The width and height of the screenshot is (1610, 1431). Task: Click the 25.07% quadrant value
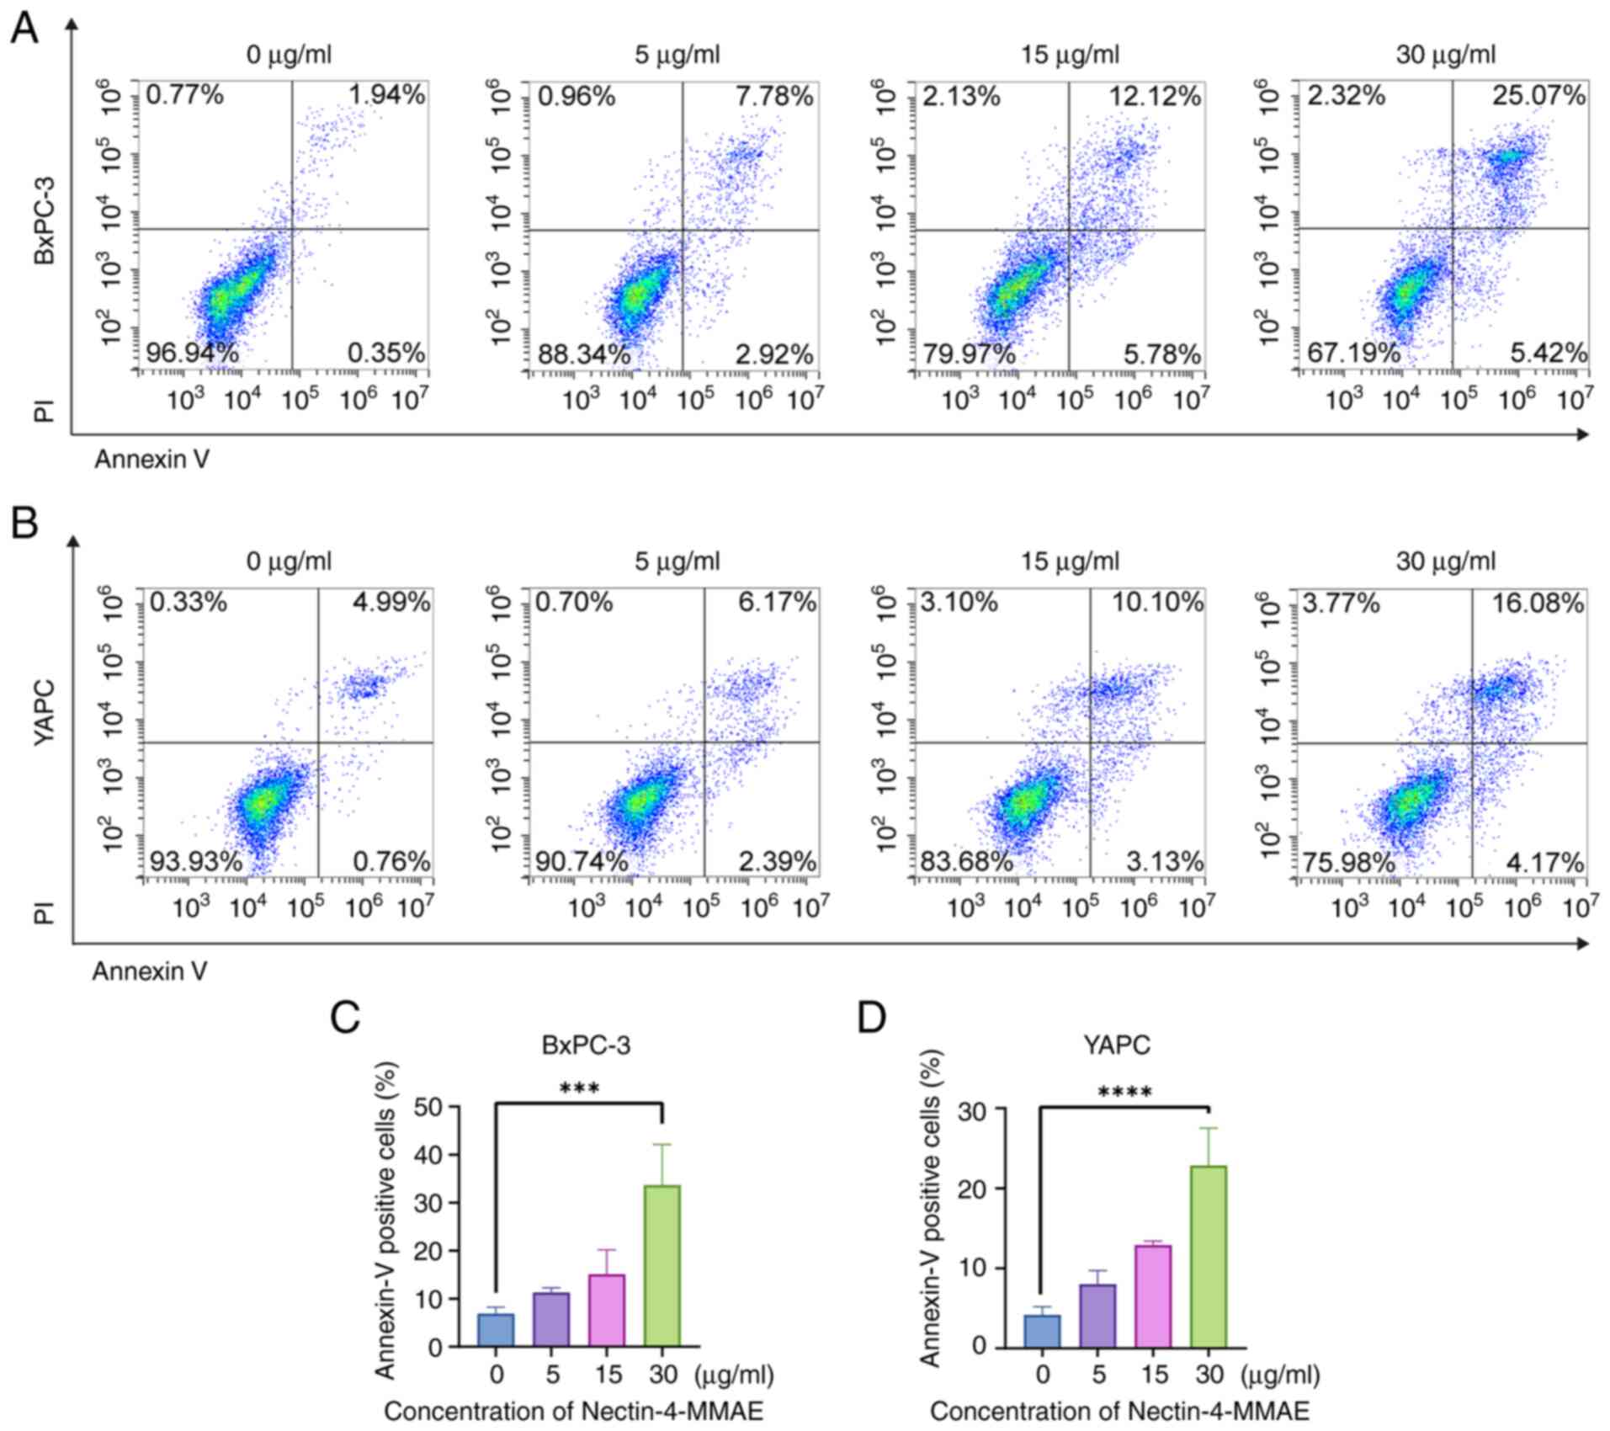click(1538, 96)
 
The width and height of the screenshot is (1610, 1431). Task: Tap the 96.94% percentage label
click(193, 354)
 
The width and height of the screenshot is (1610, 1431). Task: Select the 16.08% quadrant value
click(1538, 604)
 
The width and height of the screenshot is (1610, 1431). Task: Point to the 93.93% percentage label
click(196, 861)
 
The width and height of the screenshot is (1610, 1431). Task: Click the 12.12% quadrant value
click(1155, 97)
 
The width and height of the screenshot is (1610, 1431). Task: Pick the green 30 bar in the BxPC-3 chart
click(662, 1265)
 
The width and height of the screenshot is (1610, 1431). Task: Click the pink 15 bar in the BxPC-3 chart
click(608, 1310)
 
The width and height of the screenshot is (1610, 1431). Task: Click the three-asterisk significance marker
click(580, 1090)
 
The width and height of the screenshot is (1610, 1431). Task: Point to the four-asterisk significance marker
click(1124, 1093)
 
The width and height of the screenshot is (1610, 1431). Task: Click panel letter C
click(346, 1018)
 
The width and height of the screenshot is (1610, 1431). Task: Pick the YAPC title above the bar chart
click(1117, 1045)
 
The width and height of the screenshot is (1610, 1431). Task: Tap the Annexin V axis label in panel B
click(150, 971)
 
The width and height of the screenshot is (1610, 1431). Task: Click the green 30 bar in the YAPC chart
click(1209, 1256)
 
